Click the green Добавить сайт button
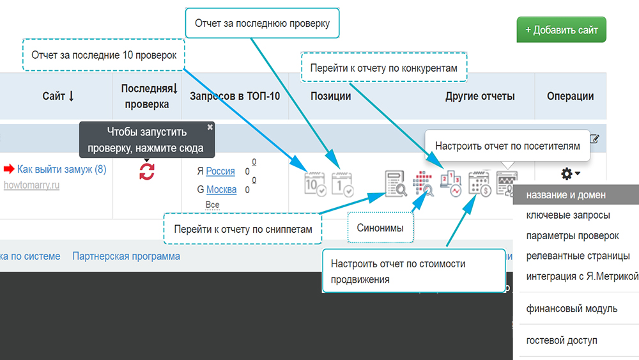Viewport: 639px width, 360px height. pos(561,30)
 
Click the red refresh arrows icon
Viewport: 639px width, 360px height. pos(147,171)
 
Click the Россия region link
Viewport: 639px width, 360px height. pos(220,171)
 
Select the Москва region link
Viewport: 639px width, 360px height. pos(221,189)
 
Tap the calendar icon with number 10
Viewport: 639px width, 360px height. pos(315,183)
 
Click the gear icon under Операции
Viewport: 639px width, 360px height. pos(567,173)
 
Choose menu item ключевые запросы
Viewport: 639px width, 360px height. pos(567,215)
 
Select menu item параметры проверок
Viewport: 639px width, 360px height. pos(572,236)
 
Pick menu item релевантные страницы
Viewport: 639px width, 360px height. pos(578,256)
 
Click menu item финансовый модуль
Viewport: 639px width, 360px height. pos(571,309)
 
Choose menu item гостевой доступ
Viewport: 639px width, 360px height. pos(562,340)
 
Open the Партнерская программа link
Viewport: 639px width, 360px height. pos(126,256)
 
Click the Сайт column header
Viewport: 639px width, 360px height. pos(58,97)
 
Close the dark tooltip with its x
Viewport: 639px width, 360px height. pos(210,127)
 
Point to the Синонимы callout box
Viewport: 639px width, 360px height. pos(380,228)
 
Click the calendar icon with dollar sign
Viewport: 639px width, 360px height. pos(479,184)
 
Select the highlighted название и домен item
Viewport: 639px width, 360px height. pos(566,195)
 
